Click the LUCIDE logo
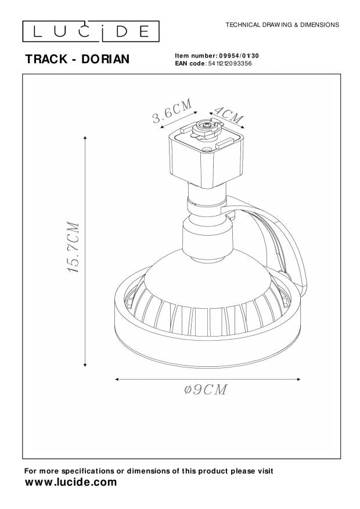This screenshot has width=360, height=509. [x=91, y=31]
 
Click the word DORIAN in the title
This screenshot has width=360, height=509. [x=106, y=59]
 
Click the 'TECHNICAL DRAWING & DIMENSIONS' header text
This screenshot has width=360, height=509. [x=282, y=25]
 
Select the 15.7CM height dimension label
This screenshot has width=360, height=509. [x=73, y=247]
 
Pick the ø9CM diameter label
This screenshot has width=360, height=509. [x=206, y=389]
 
